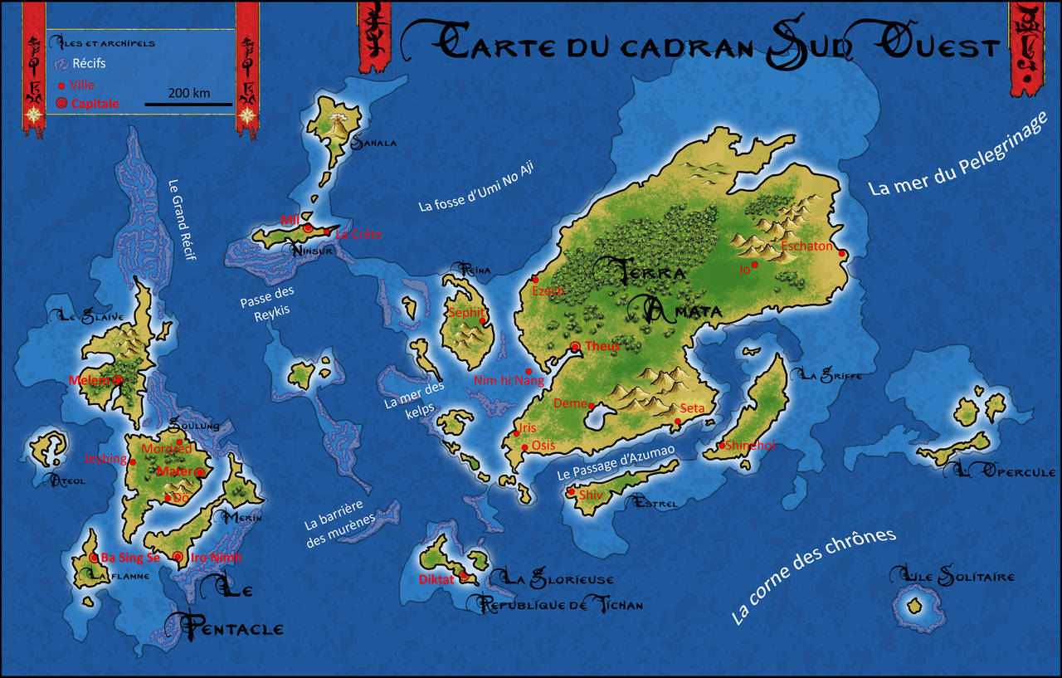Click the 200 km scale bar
point(188,105)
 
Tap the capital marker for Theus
point(574,346)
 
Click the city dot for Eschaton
point(841,254)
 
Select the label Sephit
point(465,313)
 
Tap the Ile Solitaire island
point(915,607)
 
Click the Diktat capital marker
point(464,576)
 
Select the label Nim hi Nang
point(509,381)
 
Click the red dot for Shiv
point(571,492)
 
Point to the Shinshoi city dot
point(722,446)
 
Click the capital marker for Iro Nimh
point(178,557)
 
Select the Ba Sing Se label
point(129,558)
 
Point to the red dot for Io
point(754,265)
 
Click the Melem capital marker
point(118,380)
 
